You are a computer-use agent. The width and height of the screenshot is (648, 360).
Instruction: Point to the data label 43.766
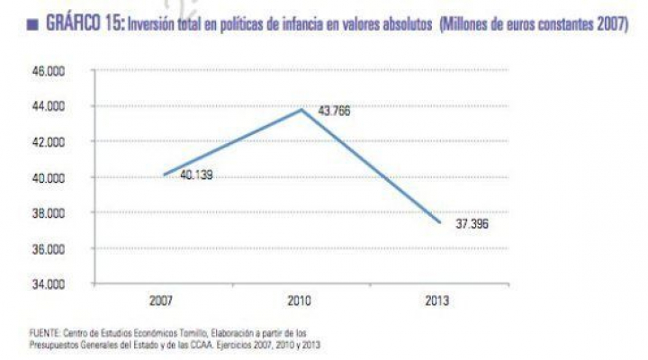tap(333, 112)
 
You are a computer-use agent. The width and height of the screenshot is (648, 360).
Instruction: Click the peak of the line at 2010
tap(301, 110)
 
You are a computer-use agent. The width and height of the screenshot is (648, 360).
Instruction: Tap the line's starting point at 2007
tap(163, 175)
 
